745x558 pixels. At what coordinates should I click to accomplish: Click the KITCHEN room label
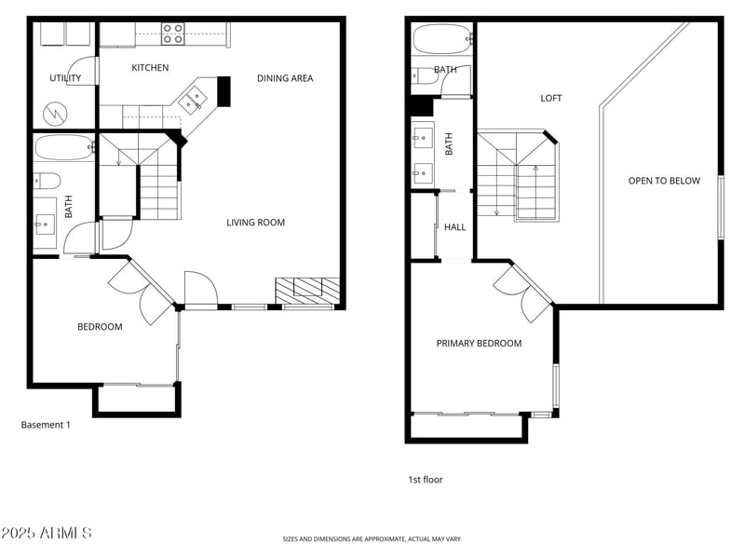point(150,68)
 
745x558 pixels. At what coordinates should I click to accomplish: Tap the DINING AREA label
point(285,78)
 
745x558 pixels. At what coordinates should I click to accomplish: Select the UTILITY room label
point(65,78)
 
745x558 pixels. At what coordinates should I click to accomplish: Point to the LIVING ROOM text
point(255,223)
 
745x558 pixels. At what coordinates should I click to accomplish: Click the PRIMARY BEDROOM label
point(479,344)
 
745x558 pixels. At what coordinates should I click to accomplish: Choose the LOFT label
point(551,98)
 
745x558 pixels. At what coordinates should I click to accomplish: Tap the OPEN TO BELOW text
point(663,181)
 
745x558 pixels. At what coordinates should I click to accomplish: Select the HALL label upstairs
point(455,227)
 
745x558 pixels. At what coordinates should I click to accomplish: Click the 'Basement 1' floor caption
point(46,425)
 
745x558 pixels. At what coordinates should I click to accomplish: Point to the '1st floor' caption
point(426,480)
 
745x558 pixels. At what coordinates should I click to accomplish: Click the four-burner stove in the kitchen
point(172,34)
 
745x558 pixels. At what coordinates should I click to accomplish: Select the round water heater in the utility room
point(55,115)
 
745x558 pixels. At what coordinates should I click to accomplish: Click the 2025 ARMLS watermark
point(47,533)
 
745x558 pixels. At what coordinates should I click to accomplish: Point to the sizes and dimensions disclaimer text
point(372,538)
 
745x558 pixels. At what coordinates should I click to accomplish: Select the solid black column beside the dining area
point(223,90)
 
